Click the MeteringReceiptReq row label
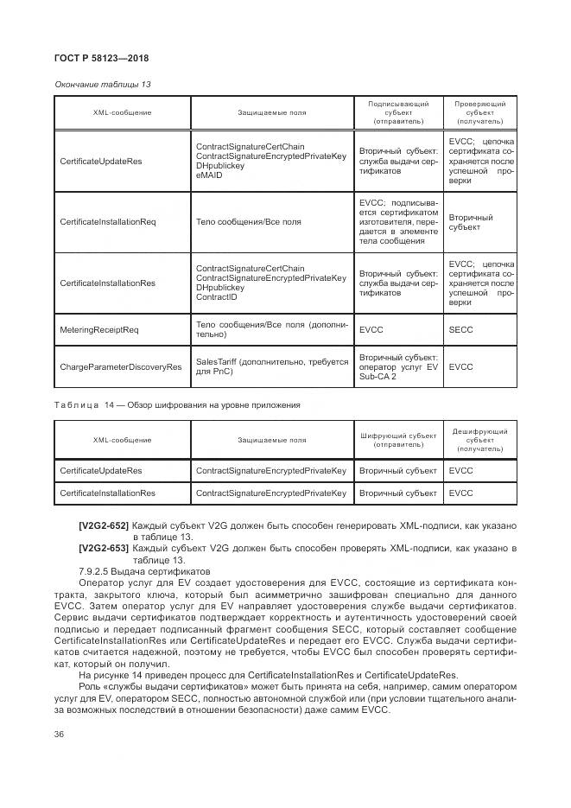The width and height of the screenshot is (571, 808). (98, 329)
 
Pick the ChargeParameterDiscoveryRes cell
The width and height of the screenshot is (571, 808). (120, 366)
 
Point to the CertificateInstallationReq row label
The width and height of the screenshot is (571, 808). (107, 222)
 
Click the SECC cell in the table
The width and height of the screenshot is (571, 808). (461, 329)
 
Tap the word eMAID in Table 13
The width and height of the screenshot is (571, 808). (209, 175)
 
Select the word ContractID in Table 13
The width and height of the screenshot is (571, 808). (216, 296)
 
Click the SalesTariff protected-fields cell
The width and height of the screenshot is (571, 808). (271, 366)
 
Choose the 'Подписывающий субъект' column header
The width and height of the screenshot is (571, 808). (398, 112)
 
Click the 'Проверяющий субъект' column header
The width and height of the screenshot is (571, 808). (480, 112)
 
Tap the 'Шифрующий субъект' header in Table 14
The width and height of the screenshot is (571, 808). (398, 440)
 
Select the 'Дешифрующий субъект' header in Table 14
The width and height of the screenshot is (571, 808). (480, 440)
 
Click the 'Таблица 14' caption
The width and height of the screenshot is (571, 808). (177, 404)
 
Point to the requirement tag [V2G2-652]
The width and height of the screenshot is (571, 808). (105, 525)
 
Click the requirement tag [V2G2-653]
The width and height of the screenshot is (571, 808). (105, 548)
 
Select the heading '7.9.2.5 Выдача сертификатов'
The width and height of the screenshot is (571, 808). (143, 571)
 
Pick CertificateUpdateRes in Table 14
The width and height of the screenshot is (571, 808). (100, 471)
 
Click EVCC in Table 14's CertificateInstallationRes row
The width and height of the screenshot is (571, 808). (461, 493)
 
